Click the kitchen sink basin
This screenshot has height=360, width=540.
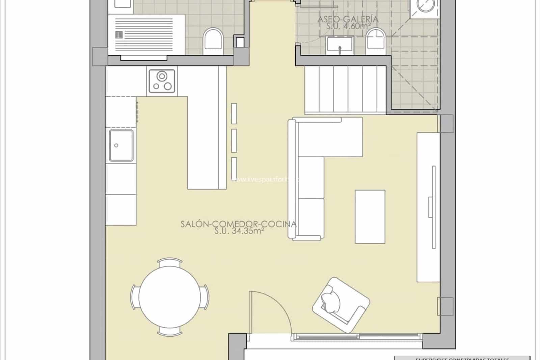tap(121, 145)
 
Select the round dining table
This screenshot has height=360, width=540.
tap(169, 297)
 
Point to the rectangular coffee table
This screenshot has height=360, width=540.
tap(370, 216)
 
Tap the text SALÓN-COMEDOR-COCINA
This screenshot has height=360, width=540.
tap(238, 224)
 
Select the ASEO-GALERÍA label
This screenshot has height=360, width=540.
tap(348, 19)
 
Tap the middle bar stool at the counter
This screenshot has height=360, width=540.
tap(234, 140)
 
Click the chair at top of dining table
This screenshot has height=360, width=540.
tap(169, 262)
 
